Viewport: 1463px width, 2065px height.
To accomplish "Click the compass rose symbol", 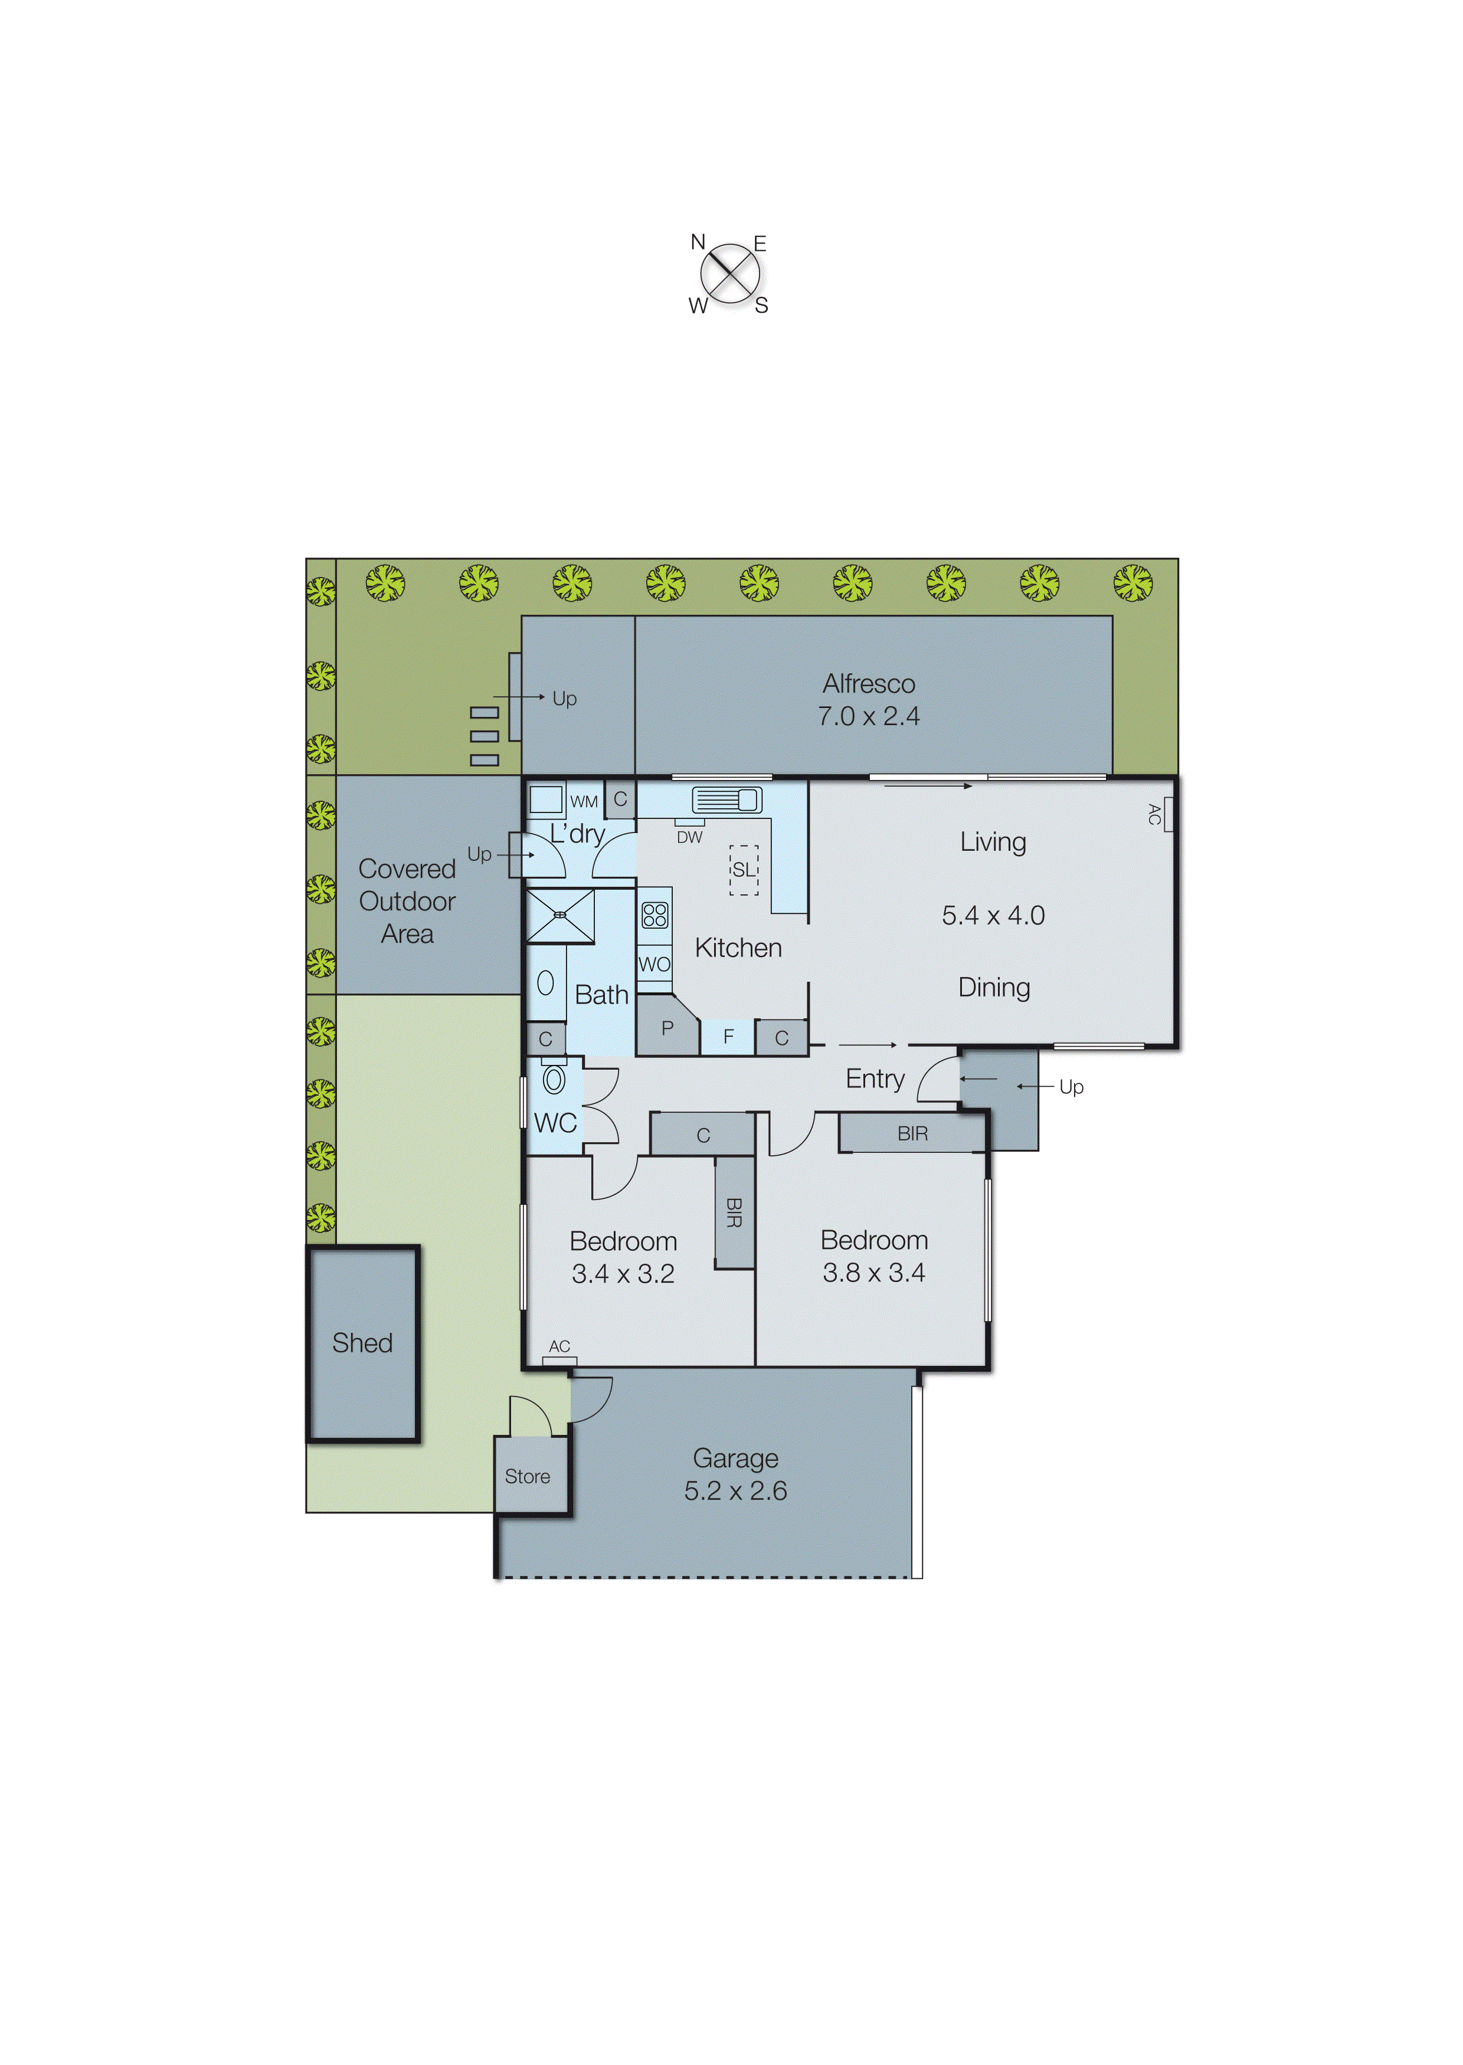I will point(729,273).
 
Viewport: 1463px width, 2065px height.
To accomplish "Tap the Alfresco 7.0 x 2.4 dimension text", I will point(869,716).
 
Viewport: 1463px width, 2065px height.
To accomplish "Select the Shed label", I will point(362,1343).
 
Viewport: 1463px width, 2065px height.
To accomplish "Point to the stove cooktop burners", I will point(655,915).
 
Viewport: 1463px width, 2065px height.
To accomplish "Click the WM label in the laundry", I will point(584,801).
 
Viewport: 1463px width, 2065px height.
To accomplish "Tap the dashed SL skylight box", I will point(743,870).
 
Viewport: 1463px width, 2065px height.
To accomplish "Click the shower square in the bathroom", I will point(560,916).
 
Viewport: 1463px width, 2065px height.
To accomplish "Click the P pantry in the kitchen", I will point(667,1028).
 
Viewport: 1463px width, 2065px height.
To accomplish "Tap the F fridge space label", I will point(729,1037).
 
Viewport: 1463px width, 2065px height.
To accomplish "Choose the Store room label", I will point(527,1476).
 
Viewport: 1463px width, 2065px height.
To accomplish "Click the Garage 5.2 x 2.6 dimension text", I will point(735,1490).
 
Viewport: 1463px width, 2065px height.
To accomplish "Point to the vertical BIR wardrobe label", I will point(734,1212).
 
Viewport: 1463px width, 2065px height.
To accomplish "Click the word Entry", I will point(875,1079).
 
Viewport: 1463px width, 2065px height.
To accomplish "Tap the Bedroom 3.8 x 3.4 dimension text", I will point(874,1273).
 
